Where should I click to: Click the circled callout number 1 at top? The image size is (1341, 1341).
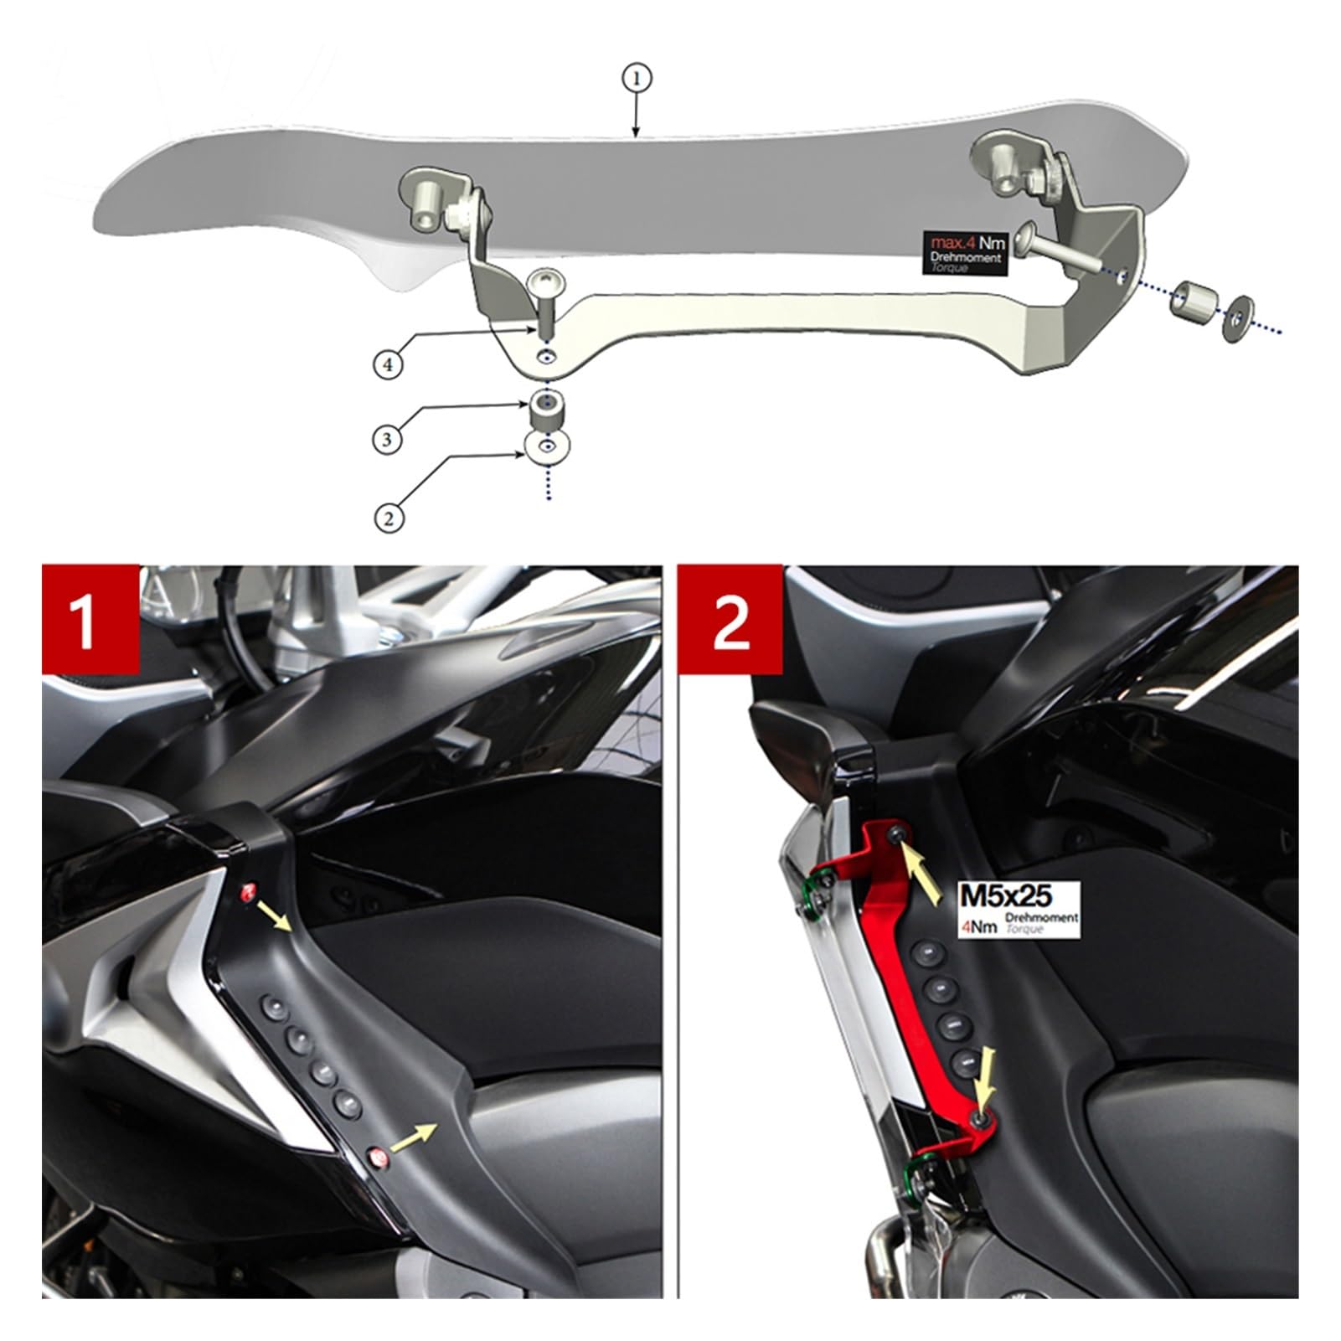pos(636,80)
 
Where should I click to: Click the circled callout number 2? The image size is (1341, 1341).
pos(388,518)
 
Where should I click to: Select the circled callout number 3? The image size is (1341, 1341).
pos(387,440)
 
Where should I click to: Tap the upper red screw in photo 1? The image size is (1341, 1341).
pos(249,892)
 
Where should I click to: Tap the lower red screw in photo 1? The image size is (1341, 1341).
pos(378,1159)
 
